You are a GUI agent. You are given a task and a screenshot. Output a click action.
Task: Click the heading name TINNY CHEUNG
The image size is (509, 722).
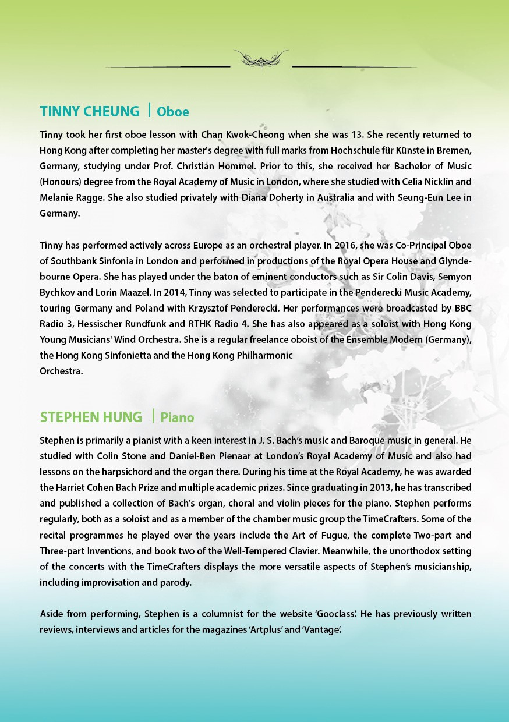point(90,111)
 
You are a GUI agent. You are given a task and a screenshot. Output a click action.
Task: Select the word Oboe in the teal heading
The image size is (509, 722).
point(173,112)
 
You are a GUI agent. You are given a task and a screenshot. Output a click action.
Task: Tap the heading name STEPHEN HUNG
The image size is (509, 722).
point(91,417)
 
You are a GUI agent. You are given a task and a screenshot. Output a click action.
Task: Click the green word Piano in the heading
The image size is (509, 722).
point(177,417)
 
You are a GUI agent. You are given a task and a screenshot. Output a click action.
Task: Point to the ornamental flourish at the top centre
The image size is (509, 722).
point(261,59)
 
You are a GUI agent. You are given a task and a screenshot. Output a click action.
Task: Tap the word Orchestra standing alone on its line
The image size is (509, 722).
point(61,371)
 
